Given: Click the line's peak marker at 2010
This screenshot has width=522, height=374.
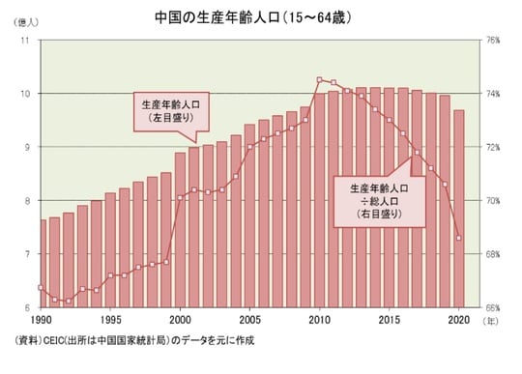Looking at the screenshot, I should pyautogui.click(x=319, y=79).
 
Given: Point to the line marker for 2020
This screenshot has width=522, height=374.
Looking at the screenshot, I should pyautogui.click(x=458, y=238).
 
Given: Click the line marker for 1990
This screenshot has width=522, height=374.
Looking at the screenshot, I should pyautogui.click(x=42, y=288).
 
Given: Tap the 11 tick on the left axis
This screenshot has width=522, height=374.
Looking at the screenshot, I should pyautogui.click(x=25, y=41).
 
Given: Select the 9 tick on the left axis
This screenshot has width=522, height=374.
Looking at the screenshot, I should pyautogui.click(x=27, y=147).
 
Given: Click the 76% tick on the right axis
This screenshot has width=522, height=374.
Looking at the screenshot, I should pyautogui.click(x=492, y=41).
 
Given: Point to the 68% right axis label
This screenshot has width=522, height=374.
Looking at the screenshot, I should pyautogui.click(x=492, y=254).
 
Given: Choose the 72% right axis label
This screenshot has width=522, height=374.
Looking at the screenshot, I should pyautogui.click(x=492, y=147).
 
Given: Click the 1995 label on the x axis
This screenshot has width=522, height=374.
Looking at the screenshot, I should pyautogui.click(x=111, y=319).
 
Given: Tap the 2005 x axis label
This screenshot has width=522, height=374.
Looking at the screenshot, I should pyautogui.click(x=249, y=319).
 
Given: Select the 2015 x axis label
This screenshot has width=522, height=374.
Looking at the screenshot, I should pyautogui.click(x=389, y=319).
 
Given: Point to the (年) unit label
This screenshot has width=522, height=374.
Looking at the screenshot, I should pyautogui.click(x=492, y=319).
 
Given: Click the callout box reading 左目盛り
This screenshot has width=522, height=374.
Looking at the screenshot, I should pyautogui.click(x=171, y=111).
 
